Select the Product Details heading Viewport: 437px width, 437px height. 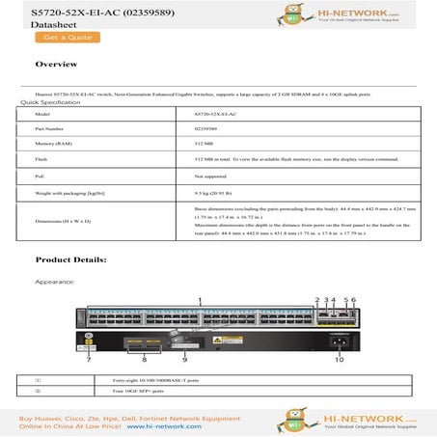[x=70, y=260]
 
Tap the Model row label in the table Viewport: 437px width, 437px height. [x=44, y=114]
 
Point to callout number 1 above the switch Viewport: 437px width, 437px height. [x=201, y=301]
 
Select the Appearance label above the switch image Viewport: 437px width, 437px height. [x=55, y=282]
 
